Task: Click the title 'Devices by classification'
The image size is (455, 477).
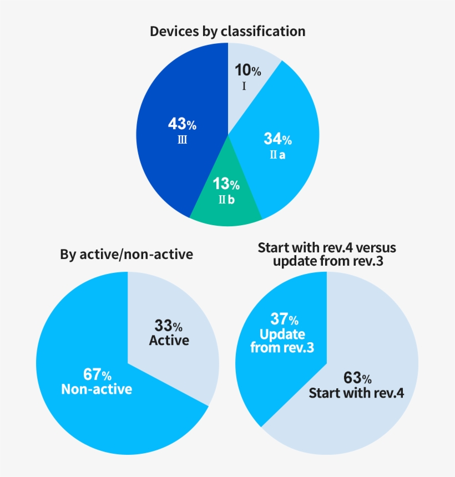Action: [228, 31]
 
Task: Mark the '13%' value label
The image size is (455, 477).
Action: [226, 184]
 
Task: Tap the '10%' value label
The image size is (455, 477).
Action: [247, 70]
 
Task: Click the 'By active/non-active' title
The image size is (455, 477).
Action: [127, 255]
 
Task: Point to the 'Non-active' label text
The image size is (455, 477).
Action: [97, 389]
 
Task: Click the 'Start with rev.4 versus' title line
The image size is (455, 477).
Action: [327, 247]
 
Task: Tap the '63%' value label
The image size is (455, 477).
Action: [358, 378]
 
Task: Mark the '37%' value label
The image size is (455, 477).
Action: [284, 319]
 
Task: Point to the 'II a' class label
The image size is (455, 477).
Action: [277, 155]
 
